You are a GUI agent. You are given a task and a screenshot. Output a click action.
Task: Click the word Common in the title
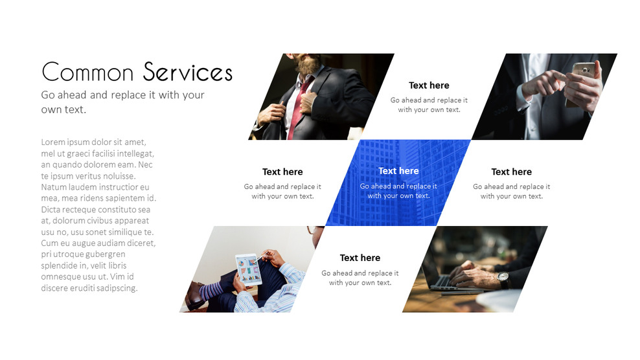[x=87, y=72]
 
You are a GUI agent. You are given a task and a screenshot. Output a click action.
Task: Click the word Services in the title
[x=188, y=72]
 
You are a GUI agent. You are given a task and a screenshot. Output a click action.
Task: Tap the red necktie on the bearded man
[x=300, y=104]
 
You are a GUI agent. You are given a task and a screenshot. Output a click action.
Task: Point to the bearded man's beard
[x=308, y=65]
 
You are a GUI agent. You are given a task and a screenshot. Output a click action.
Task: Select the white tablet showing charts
[x=248, y=269]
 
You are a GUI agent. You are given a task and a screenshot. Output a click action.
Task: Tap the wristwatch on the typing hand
[x=503, y=278]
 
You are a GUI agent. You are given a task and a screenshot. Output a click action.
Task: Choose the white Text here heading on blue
[x=398, y=171]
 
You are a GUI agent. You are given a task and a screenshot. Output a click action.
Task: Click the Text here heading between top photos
[x=429, y=85]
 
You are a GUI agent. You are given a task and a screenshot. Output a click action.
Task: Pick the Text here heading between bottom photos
[x=360, y=258]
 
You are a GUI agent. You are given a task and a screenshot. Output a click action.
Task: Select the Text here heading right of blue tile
[x=511, y=172]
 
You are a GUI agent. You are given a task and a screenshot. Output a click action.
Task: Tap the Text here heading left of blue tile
[x=282, y=172]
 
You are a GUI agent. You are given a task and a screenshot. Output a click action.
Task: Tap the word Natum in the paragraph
[x=54, y=187]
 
